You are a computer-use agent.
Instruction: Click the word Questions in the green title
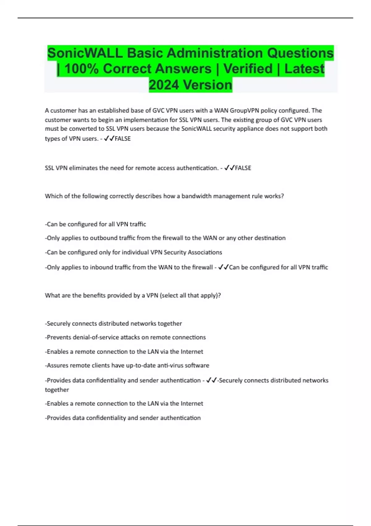[x=300, y=53]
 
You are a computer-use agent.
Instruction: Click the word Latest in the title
[x=304, y=69]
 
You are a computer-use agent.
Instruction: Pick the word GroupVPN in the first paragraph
[x=244, y=110]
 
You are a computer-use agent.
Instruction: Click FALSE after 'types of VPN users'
[x=123, y=139]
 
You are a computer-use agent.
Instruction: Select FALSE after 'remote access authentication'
[x=243, y=168]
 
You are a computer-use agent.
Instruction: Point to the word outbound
[x=104, y=238]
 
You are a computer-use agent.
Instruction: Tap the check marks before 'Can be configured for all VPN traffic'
[x=223, y=267]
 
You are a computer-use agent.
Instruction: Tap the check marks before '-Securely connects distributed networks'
[x=211, y=380]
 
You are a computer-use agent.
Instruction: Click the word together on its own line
[x=57, y=390]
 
